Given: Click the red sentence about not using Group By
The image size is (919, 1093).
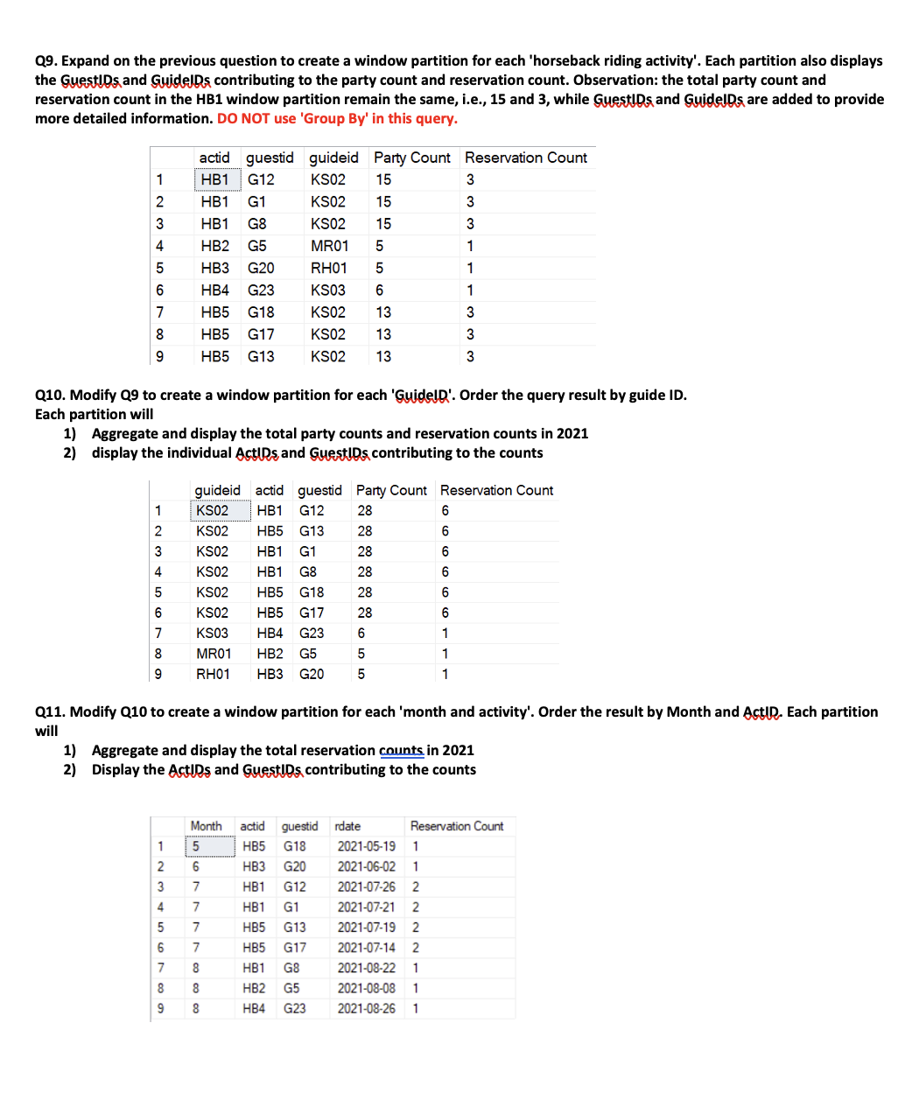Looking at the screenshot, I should pos(337,119).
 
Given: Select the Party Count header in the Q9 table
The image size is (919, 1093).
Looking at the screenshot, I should pos(411,158).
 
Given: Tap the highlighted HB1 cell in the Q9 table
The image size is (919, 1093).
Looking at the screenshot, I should pos(215,180).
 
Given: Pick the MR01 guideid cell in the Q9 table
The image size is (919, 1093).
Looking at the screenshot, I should pos(329,246).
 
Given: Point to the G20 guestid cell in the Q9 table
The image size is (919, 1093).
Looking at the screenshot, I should pos(261,268).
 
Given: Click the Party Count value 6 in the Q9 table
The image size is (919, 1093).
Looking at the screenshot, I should pos(379,291).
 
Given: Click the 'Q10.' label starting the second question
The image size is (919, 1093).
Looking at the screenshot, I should pos(50,396).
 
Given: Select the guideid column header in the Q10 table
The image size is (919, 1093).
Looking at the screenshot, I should pos(217,490).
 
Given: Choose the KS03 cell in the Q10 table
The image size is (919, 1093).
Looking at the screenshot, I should pos(212,634).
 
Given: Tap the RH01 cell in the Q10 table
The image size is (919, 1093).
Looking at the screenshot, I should pos(213,674).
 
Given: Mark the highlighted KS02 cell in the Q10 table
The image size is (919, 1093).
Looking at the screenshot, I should pos(213,511).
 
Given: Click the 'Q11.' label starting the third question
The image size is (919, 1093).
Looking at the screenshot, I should pos(50,712).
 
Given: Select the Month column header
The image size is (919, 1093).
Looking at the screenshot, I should pos(206,826).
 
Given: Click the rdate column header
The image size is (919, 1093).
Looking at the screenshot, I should pos(347,826).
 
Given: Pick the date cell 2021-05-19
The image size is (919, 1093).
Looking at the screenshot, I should pos(366,846).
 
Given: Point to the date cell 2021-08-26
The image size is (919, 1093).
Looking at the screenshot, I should pos(366,1008).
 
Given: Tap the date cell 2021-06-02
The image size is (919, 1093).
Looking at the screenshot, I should pos(366,866).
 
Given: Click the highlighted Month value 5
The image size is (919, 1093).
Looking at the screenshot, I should pos(196,846).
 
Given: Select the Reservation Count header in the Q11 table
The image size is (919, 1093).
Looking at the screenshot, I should pos(456,826).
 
